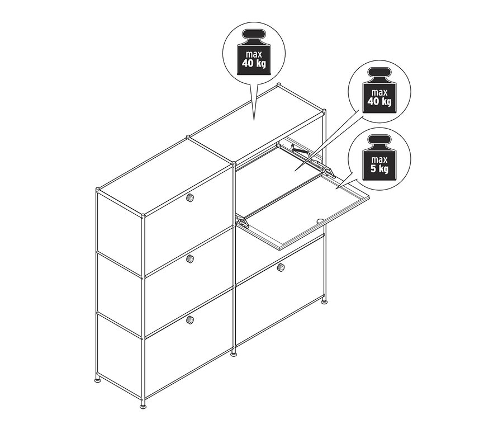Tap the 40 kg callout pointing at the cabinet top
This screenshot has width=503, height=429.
(x=254, y=54)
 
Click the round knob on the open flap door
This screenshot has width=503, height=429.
(x=319, y=221)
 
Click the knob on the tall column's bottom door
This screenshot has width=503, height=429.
(x=190, y=319)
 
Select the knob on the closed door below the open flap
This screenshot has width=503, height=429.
(x=281, y=267)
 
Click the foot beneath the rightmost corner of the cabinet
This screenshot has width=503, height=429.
(x=325, y=304)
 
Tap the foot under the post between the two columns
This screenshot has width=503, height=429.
(x=234, y=354)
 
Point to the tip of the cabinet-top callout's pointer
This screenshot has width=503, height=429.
(x=254, y=119)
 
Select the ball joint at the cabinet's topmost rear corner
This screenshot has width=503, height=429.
(x=278, y=86)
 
